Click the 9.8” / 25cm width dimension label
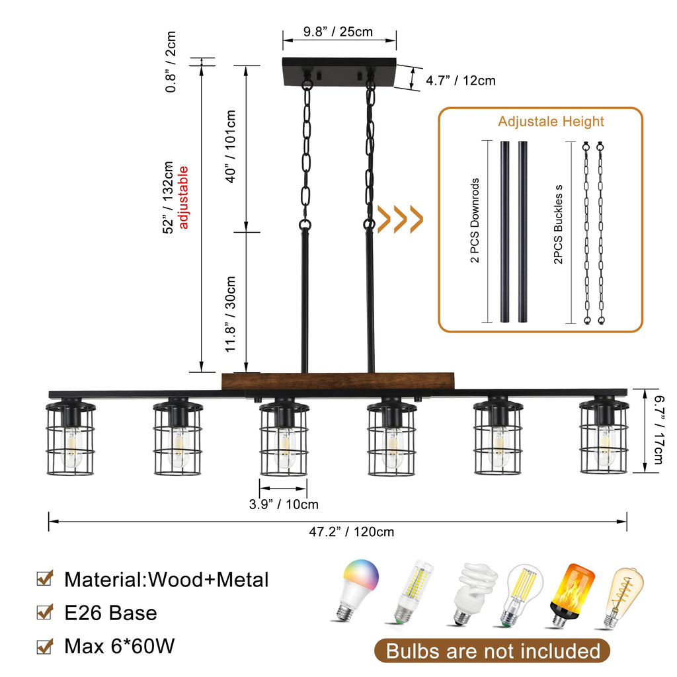coord(338,32)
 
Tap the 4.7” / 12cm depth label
coord(461,80)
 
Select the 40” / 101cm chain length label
coord(231,146)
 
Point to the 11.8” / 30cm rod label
coord(231,314)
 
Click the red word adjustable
coord(183,197)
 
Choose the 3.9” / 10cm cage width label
coord(284,504)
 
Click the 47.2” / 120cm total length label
coord(352,532)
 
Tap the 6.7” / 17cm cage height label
coord(658,430)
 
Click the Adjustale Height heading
coord(551,122)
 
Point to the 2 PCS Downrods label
coord(475,220)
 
